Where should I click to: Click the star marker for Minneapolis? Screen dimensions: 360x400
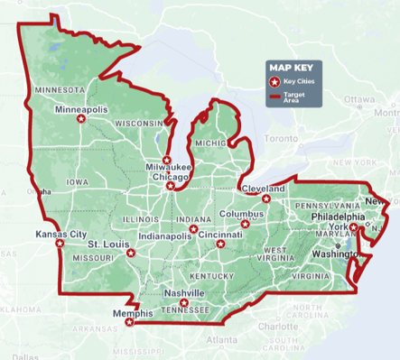[x=80, y=118]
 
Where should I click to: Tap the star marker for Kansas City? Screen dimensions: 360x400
[x=60, y=243]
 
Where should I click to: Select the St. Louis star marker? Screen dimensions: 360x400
[x=131, y=253]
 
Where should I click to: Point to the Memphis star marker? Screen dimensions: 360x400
[x=129, y=321]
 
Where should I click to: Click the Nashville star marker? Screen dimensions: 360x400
[x=183, y=303]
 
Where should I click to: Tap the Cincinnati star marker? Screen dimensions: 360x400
[x=220, y=244]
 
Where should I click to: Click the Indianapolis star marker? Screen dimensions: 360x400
[x=191, y=229]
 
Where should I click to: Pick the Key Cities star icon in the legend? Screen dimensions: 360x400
[x=274, y=83]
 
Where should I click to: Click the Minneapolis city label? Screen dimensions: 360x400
[x=81, y=109]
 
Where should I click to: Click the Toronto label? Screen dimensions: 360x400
[x=279, y=140]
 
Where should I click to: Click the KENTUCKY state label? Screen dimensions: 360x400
[x=211, y=274]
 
